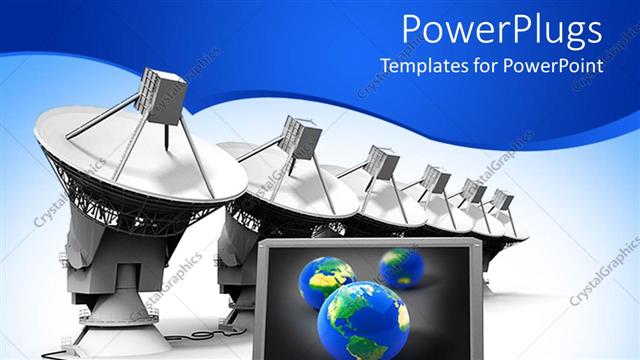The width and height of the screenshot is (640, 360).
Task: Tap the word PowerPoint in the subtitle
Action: point(556,67)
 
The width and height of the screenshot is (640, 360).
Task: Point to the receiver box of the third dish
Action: point(381,161)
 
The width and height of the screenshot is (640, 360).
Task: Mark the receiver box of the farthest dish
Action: point(501,199)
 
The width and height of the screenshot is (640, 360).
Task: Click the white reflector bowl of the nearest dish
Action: point(140,160)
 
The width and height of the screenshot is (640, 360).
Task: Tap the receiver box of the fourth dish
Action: point(435,178)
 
